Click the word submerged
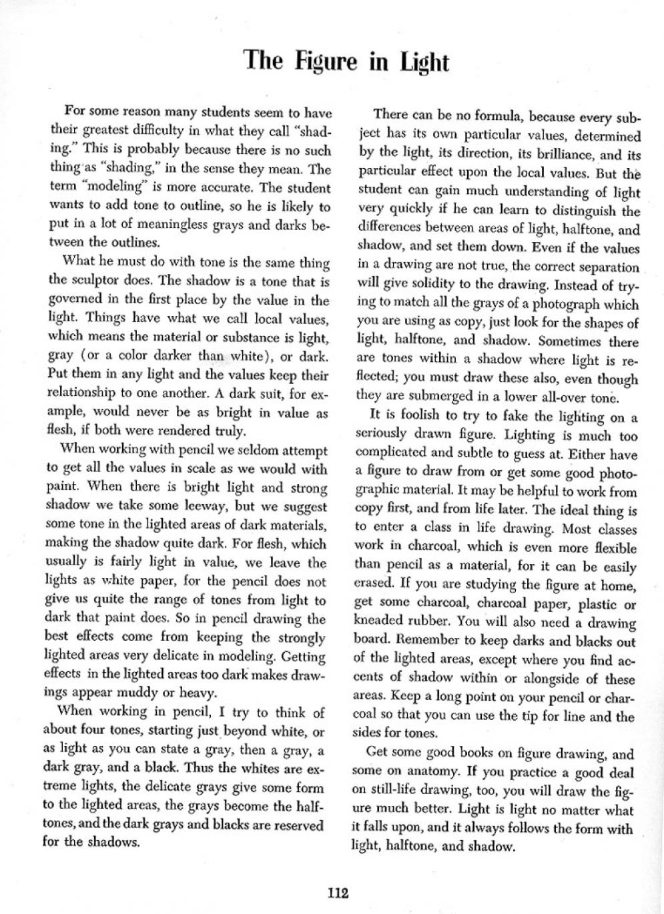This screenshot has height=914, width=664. click(x=441, y=399)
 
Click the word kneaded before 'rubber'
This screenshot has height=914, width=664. click(x=380, y=623)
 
